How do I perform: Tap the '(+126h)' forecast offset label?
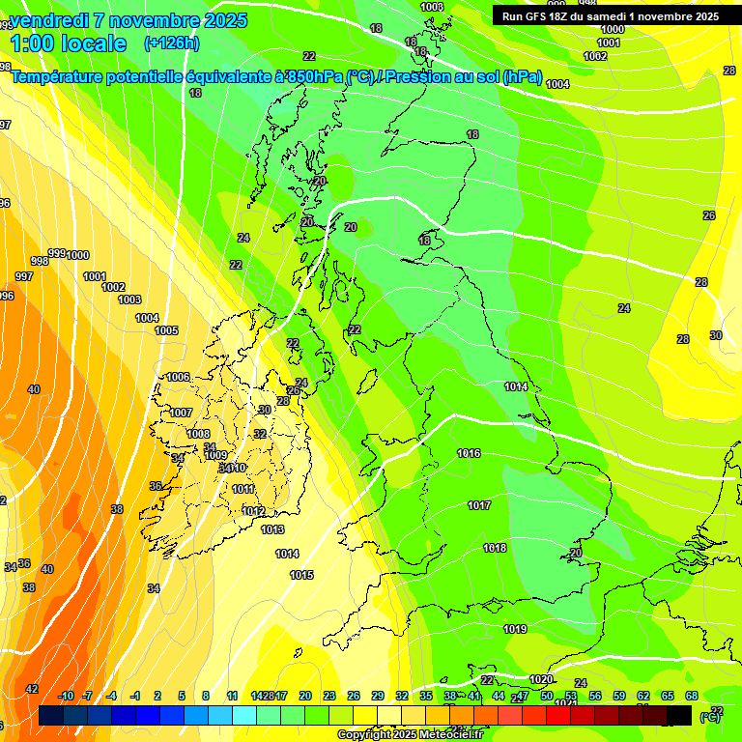click(x=172, y=43)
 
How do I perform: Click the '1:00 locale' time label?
click(x=68, y=43)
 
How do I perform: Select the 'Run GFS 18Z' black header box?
click(x=610, y=16)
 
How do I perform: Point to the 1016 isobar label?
click(x=469, y=453)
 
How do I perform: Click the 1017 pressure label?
click(x=479, y=505)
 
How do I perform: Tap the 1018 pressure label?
click(x=495, y=548)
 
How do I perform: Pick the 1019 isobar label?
click(x=515, y=629)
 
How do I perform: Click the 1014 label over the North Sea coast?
click(x=516, y=386)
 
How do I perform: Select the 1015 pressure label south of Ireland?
click(x=301, y=575)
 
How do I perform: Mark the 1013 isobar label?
click(x=272, y=529)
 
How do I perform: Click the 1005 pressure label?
click(x=166, y=330)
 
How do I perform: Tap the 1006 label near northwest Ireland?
click(x=178, y=377)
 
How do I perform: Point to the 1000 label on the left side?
click(x=77, y=255)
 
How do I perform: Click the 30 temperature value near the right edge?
click(x=716, y=335)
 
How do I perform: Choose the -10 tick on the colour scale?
click(x=66, y=696)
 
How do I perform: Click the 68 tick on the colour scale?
click(x=692, y=696)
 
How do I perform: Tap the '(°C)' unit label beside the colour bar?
click(x=710, y=716)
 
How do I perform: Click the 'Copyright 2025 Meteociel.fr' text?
click(x=410, y=734)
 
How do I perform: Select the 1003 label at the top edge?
click(x=433, y=7)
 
